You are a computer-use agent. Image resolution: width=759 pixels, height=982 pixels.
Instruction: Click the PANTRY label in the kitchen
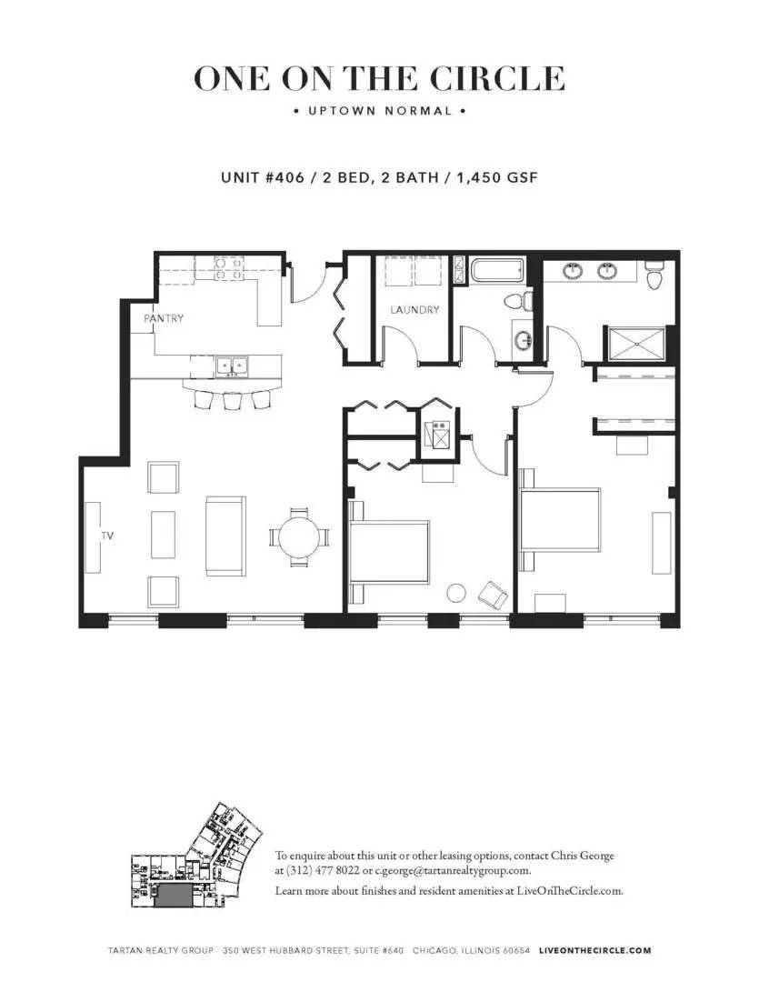[x=164, y=319]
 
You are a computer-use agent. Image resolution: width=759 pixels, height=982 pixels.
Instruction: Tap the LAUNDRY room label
[x=414, y=310]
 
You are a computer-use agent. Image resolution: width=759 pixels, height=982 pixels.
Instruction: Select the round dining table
[x=299, y=537]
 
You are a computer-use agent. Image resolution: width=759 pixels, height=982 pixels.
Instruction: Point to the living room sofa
[x=225, y=536]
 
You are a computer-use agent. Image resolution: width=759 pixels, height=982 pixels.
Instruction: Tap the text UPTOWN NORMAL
[x=379, y=112]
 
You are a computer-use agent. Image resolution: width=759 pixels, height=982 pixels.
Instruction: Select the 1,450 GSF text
[x=494, y=177]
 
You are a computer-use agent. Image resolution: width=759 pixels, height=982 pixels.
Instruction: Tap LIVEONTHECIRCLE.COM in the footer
[x=594, y=950]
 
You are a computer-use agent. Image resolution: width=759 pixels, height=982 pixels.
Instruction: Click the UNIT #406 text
[x=262, y=177]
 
